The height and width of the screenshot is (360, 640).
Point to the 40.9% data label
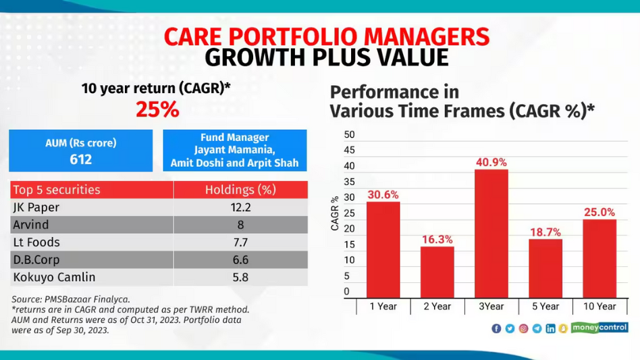click(491, 162)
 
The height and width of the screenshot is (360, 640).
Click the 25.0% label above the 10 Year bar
click(599, 212)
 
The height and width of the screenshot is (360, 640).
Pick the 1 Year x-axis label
click(383, 306)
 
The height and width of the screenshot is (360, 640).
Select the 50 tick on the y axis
click(349, 134)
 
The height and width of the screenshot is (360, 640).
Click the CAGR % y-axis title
click(335, 213)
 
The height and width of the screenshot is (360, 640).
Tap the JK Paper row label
click(34, 207)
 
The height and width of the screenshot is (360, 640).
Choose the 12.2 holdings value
click(240, 207)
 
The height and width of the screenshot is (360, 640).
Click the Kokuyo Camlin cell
click(54, 277)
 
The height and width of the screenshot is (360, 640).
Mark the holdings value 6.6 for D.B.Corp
click(240, 259)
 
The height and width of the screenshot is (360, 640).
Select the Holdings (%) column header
click(240, 190)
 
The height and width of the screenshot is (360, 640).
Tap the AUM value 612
click(80, 159)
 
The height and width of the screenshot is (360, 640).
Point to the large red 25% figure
click(157, 109)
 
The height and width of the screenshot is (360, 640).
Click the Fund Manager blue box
click(234, 150)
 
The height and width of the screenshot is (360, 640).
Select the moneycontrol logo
click(599, 328)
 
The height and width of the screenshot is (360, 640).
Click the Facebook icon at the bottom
click(496, 328)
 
